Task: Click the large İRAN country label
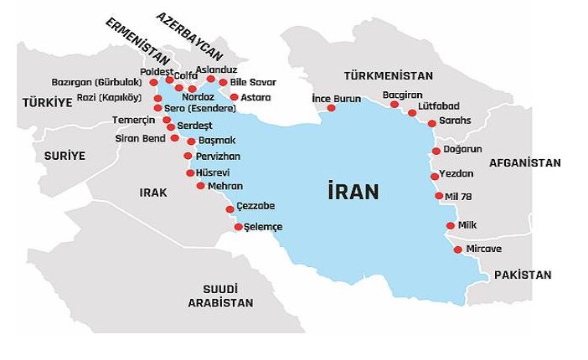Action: [353, 192]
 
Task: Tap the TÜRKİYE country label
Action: [48, 102]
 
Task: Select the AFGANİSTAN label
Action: [525, 162]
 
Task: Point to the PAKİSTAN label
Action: [523, 275]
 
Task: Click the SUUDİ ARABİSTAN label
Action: [220, 295]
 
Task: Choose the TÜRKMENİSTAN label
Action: [388, 75]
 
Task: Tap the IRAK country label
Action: [153, 193]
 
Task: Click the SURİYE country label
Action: [64, 156]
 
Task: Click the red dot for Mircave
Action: [457, 249]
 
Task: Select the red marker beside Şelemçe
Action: [238, 227]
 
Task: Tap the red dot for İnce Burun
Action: [331, 108]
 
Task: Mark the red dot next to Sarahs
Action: [431, 123]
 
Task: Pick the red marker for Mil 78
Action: [439, 196]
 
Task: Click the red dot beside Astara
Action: [235, 97]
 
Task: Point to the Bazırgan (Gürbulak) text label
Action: [96, 82]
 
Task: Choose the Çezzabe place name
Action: [255, 206]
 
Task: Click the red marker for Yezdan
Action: [434, 177]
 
